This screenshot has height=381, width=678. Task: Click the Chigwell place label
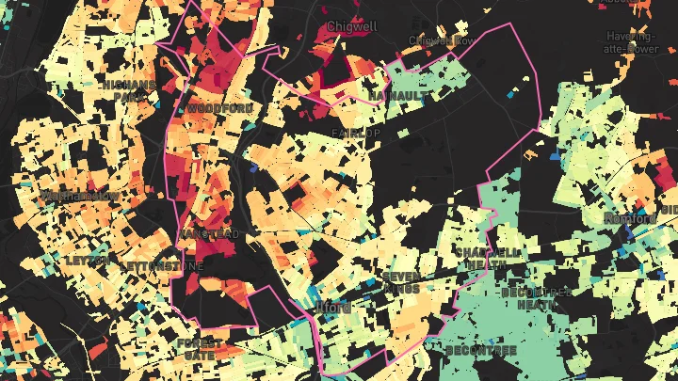(350, 26)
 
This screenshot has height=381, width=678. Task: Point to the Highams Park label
(128, 91)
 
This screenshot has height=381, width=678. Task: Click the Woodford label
(219, 109)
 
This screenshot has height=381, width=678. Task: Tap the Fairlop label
(356, 134)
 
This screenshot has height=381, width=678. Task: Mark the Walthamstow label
(79, 196)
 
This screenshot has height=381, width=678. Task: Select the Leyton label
(88, 260)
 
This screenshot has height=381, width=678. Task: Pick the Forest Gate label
(201, 349)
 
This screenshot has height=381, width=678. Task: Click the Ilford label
(332, 308)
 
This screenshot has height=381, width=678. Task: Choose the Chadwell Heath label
(487, 260)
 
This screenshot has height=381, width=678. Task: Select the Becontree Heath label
(536, 299)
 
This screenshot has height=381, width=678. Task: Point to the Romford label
(630, 219)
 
